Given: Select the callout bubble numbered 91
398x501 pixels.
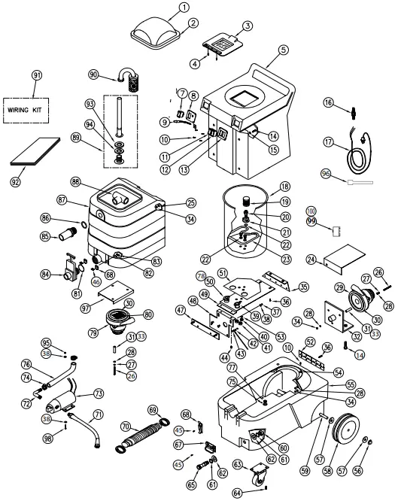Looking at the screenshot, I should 36,75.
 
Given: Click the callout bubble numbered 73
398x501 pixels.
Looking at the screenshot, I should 99,393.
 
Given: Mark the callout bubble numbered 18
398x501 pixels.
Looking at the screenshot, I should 284,187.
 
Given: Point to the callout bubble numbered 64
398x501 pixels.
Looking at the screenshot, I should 238,493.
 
